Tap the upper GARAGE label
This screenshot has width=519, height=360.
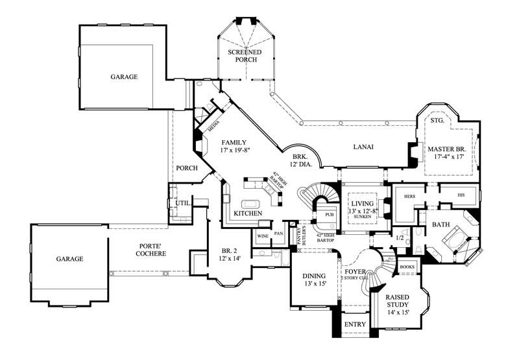[123, 77]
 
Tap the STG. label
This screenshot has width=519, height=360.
[437, 121]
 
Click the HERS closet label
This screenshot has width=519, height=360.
[409, 197]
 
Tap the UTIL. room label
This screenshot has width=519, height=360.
[182, 203]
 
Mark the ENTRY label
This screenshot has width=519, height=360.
[355, 324]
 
